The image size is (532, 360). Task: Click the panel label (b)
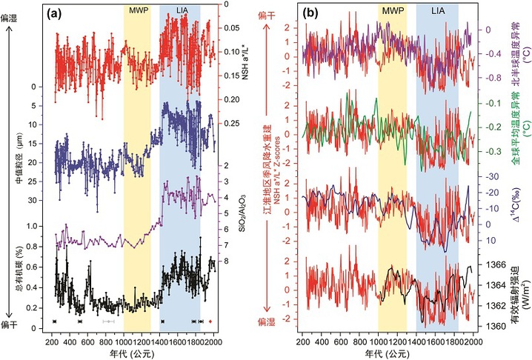312,13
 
